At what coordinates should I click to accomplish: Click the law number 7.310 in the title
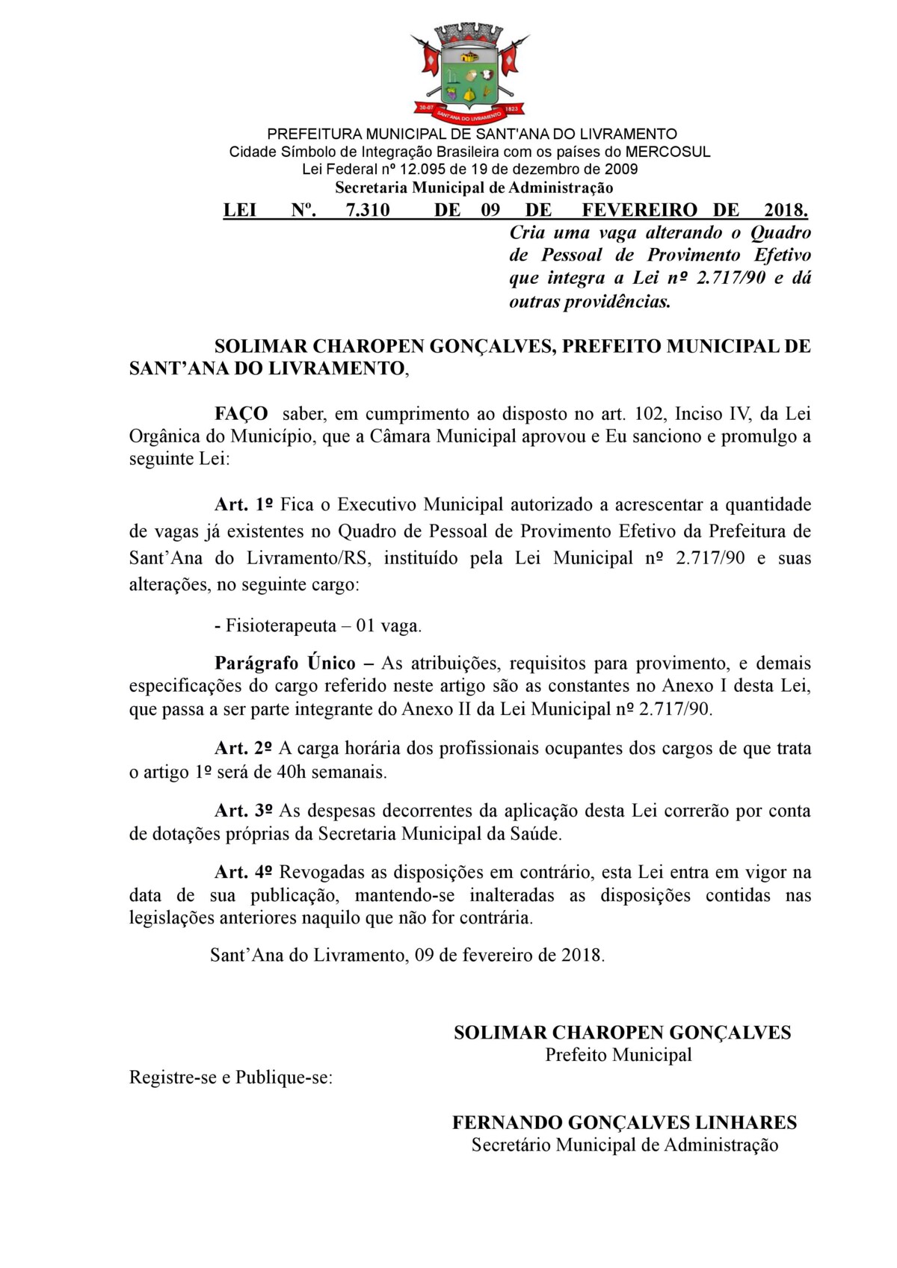(367, 210)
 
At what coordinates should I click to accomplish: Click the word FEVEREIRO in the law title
(639, 210)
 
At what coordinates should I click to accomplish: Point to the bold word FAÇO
(241, 414)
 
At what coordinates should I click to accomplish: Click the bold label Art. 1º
(243, 504)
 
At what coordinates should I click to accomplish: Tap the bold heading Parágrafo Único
(285, 663)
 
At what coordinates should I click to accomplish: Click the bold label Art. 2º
(243, 748)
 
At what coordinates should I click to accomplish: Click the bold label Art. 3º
(243, 811)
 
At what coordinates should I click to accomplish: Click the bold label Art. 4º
(243, 872)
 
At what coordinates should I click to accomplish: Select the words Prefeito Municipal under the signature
(618, 1055)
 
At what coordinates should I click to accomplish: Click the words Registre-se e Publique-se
(230, 1077)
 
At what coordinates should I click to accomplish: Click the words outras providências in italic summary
(590, 302)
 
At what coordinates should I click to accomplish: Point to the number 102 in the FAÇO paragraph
(649, 414)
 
